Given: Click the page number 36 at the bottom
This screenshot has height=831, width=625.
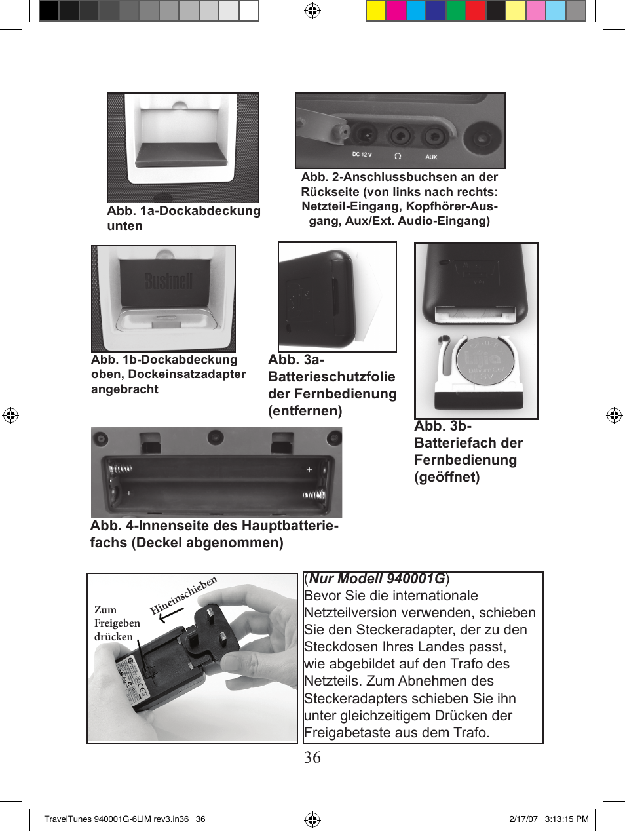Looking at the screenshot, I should [x=312, y=758].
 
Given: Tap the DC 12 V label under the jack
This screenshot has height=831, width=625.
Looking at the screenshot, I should [x=362, y=155].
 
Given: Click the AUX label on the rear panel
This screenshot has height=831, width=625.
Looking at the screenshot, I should [x=431, y=157].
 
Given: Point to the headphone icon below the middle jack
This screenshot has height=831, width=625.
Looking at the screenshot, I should [x=398, y=156].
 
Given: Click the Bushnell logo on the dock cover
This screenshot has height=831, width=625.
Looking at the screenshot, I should [x=168, y=281].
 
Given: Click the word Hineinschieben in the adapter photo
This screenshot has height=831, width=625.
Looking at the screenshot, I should [x=183, y=595].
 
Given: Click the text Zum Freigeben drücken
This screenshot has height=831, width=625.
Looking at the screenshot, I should [x=117, y=623].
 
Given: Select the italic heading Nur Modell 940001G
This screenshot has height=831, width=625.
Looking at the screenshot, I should [x=377, y=579].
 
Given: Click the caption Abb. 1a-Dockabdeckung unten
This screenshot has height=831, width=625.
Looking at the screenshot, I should [x=183, y=218].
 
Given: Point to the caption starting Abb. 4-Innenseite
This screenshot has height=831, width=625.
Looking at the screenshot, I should [x=214, y=534].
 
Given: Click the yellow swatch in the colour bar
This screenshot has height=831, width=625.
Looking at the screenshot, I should [x=375, y=11].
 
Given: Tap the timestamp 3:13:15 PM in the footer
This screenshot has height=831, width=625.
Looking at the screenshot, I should [x=567, y=819].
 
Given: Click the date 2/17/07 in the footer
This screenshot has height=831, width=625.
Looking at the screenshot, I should [x=523, y=819].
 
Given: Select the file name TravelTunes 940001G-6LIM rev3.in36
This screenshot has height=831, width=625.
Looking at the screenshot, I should [x=116, y=819].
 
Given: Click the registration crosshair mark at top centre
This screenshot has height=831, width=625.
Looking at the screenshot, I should [x=312, y=10].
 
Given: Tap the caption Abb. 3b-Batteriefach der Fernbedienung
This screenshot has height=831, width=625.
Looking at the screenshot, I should [x=468, y=452].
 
